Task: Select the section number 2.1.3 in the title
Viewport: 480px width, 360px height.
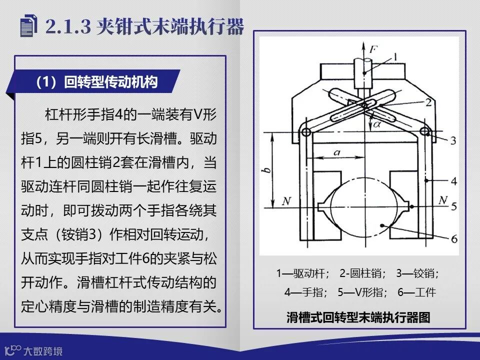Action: coord(68,26)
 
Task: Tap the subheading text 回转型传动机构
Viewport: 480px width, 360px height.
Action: coord(111,82)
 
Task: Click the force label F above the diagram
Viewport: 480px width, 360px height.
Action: coord(373,48)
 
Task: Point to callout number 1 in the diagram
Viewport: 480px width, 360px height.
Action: coord(395,57)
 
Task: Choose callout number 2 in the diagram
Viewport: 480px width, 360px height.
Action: coord(428,102)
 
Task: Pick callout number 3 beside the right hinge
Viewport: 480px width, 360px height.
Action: coord(453,140)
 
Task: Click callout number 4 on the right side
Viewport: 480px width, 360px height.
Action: coord(454,181)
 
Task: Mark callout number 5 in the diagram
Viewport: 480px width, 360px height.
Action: coord(454,206)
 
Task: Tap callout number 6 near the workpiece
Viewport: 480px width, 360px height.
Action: coord(454,238)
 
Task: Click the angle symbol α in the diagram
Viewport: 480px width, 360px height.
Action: coord(377,124)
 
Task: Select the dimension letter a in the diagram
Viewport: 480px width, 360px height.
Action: coord(337,152)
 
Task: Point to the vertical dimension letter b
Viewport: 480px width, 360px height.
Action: coord(267,169)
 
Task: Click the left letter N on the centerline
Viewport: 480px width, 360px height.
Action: coord(286,201)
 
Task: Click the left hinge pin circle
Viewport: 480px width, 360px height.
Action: coord(306,132)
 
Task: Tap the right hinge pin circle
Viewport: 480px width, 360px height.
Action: coord(424,132)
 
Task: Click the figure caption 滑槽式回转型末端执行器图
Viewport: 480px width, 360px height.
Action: coord(358,317)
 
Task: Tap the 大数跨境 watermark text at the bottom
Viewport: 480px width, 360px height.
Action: coord(43,351)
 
